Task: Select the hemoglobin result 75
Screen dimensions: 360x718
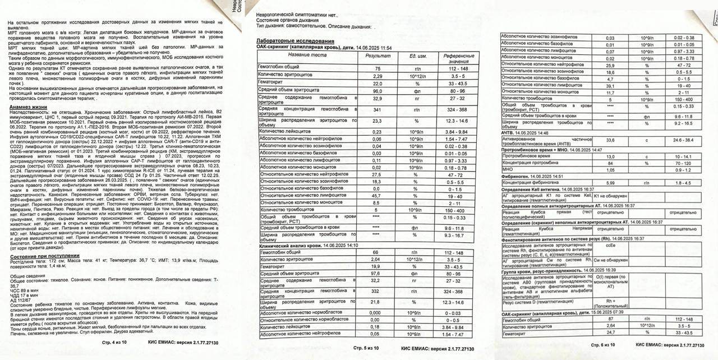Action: pos(378,68)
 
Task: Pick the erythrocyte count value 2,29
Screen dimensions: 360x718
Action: pos(378,75)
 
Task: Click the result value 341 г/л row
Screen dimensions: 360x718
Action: pos(378,110)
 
